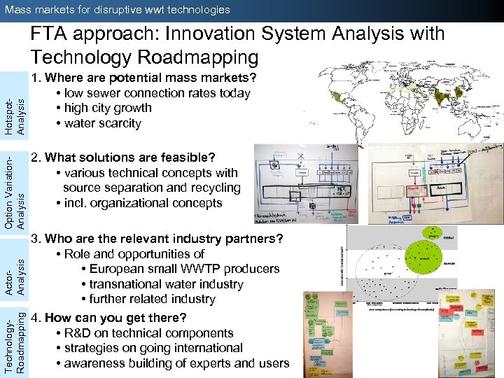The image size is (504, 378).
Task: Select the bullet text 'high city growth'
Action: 107,108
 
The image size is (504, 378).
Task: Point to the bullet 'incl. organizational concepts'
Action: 143,203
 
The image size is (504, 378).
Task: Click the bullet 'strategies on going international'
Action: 153,348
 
